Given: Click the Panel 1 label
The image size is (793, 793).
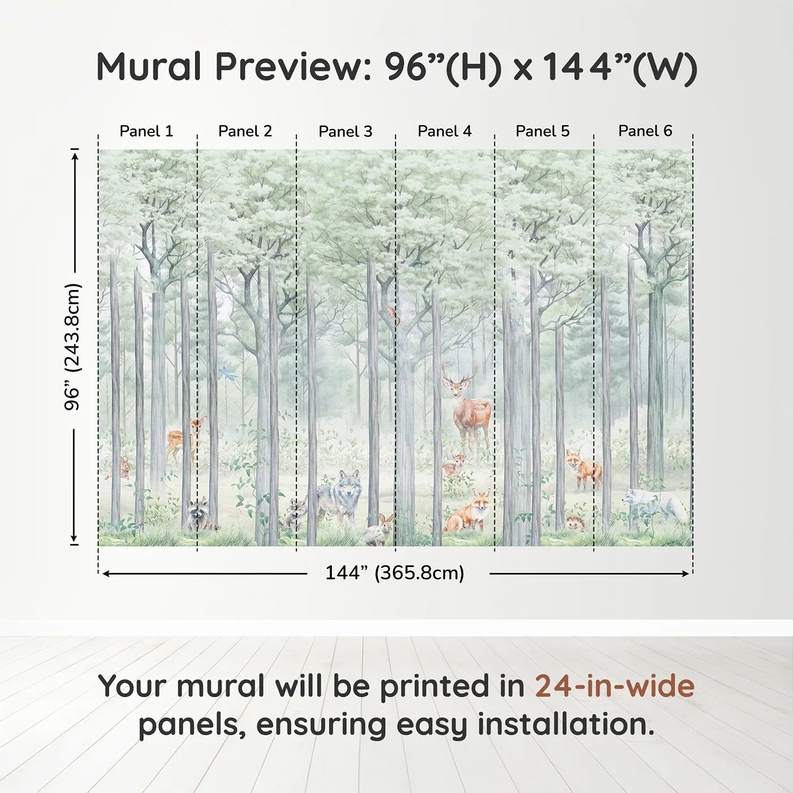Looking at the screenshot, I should pos(146,131).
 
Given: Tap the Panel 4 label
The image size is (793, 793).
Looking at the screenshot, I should pos(444,131).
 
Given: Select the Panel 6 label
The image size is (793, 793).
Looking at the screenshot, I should pos(645,131).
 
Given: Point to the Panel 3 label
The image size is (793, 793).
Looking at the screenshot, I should pos(345,132).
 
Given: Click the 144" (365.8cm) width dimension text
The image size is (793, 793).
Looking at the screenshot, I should pos(394,573).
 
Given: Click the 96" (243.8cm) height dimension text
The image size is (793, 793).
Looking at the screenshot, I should pos(73,347).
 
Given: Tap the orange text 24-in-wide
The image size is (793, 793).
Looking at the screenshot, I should pos(615,686).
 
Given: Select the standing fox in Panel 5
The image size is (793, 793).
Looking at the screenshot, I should pos(583,468).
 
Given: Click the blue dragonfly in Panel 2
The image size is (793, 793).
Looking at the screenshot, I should pos(228,373).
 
